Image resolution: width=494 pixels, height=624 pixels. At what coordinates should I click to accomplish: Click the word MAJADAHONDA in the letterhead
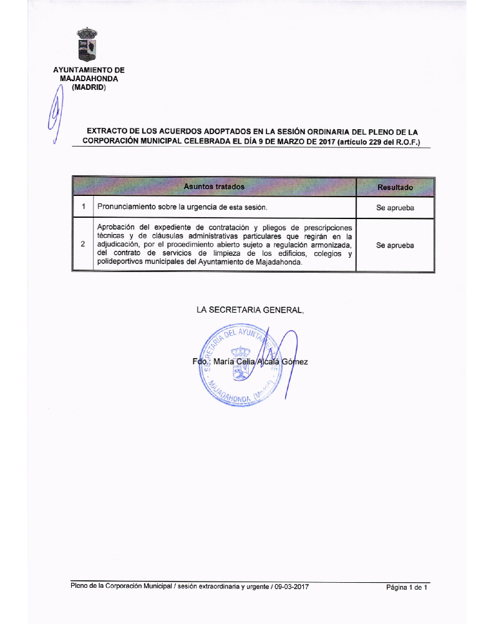[x=89, y=79]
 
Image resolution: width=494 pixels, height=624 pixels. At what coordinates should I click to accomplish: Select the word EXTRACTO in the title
[x=107, y=132]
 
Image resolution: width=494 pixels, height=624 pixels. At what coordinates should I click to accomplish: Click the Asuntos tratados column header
[x=214, y=187]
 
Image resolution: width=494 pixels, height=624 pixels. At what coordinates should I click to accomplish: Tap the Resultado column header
[x=395, y=187]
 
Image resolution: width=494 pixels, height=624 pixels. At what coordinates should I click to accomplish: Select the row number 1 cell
[x=83, y=207]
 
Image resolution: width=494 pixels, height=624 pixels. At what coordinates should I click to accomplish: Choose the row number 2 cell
[x=83, y=245]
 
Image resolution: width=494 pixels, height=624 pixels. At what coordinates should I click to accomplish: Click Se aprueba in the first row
[x=395, y=208]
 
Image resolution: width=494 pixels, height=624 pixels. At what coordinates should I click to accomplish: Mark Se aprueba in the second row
[x=395, y=245]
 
